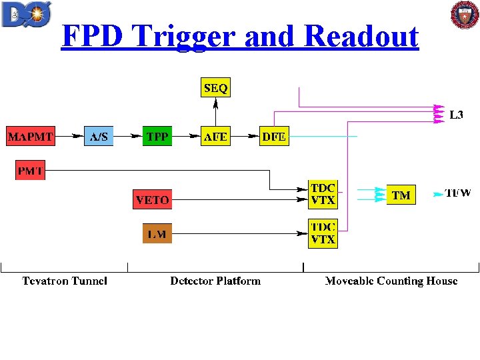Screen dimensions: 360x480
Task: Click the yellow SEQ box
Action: (215, 88)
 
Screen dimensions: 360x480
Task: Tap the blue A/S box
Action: (99, 137)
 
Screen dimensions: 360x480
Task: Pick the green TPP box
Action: (157, 137)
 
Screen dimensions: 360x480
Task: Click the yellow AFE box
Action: (215, 137)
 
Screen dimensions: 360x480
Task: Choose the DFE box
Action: (274, 137)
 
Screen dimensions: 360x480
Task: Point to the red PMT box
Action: (30, 170)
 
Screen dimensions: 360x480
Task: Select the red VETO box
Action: (152, 199)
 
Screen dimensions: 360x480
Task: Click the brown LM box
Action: (157, 233)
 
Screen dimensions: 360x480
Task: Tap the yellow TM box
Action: (401, 195)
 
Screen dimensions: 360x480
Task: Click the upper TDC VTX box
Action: (323, 193)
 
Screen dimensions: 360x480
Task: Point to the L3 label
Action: (456, 115)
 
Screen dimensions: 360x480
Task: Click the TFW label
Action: (458, 194)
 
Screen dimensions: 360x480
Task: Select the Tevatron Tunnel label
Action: (65, 281)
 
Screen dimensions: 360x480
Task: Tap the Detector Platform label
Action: (215, 281)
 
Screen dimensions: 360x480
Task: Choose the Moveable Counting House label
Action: (391, 281)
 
